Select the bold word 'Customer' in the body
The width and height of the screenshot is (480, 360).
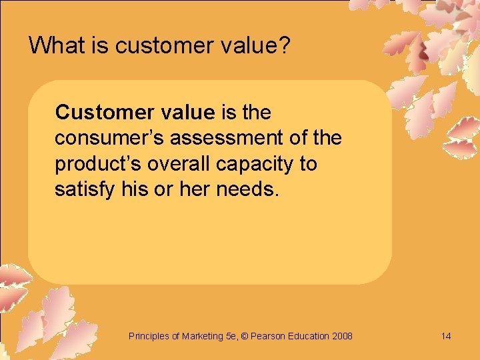(x=101, y=112)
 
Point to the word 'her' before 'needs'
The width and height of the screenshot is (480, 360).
(x=197, y=189)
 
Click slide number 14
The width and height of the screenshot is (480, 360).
(x=446, y=336)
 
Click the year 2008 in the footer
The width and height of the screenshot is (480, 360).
(x=341, y=336)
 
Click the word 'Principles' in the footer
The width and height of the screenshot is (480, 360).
(x=149, y=336)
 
